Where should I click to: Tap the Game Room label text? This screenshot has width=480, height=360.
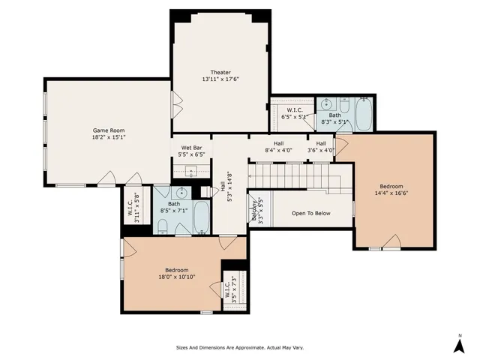tap(108, 133)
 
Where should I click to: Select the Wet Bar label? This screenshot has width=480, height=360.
tap(191, 151)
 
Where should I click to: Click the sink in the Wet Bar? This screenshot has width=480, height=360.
tap(190, 172)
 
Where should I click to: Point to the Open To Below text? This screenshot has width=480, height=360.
tap(311, 213)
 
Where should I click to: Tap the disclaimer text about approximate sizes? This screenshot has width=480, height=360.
tap(239, 347)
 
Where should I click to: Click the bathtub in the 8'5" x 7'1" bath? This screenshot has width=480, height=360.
tap(202, 217)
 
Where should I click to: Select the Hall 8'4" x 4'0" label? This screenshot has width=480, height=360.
tap(278, 147)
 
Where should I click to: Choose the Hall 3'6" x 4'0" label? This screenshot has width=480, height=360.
tap(321, 147)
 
